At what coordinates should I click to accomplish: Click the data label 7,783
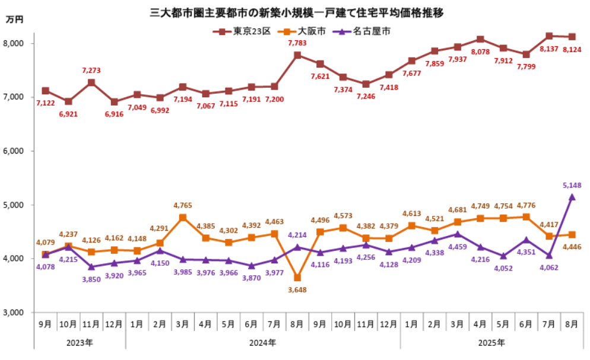(x=297, y=43)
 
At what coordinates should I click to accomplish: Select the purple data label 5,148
(x=572, y=185)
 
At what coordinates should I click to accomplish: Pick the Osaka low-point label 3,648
(x=297, y=289)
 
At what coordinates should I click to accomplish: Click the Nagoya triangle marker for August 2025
(x=572, y=197)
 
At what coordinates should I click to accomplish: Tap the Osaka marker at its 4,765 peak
(x=182, y=218)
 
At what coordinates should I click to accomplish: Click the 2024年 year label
(x=262, y=342)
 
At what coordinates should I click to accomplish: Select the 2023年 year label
(x=80, y=342)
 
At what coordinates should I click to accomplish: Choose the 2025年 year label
(x=492, y=342)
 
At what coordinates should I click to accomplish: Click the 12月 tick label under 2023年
(x=113, y=324)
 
